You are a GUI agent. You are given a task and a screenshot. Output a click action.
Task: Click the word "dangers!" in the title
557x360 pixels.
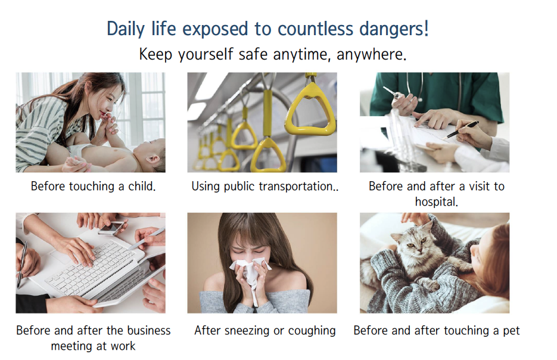point(394,29)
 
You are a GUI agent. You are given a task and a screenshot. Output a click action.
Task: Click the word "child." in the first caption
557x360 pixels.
point(142,186)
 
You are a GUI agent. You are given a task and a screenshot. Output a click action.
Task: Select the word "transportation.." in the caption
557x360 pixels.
point(298,187)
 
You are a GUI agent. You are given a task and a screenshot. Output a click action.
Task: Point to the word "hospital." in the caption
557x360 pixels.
point(436,202)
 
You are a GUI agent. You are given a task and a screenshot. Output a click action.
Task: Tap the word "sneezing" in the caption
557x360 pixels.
point(247,331)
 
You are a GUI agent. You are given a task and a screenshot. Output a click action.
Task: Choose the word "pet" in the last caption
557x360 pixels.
point(511,331)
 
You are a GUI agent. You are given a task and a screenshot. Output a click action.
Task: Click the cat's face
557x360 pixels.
point(414,243)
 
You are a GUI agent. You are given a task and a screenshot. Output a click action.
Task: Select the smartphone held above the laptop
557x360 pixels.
point(111,228)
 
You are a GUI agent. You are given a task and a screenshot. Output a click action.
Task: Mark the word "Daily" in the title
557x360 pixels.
point(126,29)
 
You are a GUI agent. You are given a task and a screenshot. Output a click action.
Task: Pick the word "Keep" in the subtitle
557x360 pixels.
point(155,55)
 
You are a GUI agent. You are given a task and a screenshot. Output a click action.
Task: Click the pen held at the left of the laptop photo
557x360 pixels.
point(22,263)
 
